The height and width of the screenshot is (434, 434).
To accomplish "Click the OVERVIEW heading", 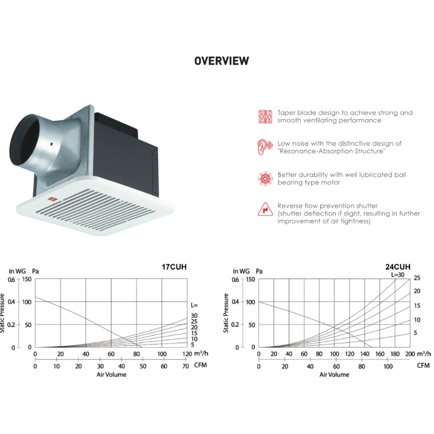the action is [221, 61].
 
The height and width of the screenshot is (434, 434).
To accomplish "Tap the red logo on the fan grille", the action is [52, 199].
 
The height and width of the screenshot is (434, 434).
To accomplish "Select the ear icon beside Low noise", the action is [265, 147].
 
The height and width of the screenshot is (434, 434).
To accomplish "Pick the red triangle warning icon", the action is [265, 209].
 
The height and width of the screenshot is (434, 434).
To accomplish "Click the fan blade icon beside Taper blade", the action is [265, 117].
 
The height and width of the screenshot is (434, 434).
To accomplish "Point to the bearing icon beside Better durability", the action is [265, 178].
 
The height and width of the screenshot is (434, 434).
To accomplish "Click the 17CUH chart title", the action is [174, 267].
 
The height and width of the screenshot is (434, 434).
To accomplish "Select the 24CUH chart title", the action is [398, 267].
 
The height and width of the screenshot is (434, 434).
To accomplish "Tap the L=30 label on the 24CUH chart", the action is [398, 275].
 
